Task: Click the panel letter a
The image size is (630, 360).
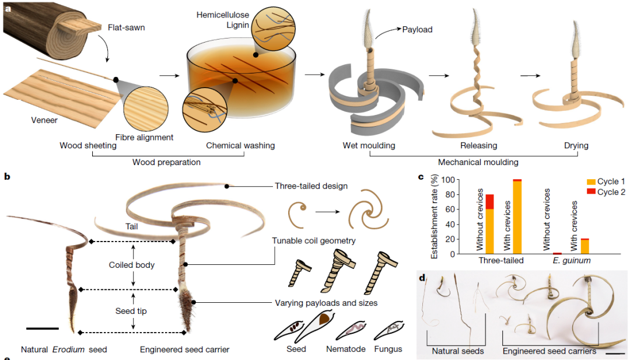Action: tap(7, 8)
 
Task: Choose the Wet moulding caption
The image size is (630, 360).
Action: tap(368, 145)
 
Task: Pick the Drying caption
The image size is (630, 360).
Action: tap(576, 145)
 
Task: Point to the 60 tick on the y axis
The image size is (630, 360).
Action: tap(449, 209)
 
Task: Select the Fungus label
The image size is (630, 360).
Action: tap(388, 349)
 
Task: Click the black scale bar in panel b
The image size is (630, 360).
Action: tap(42, 329)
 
